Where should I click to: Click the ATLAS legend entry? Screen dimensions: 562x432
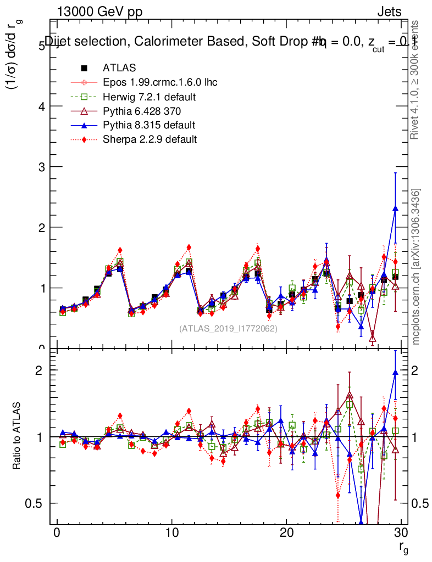click(x=119, y=68)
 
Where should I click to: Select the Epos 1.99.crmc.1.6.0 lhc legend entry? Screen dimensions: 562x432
click(x=160, y=82)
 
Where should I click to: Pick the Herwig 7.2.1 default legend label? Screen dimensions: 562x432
click(x=149, y=97)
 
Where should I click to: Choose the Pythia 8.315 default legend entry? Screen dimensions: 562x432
click(x=149, y=125)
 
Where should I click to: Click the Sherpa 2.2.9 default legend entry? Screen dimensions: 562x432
click(x=149, y=139)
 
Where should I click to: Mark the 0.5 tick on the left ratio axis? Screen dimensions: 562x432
click(x=35, y=503)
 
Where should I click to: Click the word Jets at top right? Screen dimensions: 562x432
click(x=389, y=12)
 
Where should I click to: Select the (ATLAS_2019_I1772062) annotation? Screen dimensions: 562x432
click(x=228, y=329)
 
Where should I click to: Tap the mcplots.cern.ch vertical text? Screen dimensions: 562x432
click(x=417, y=267)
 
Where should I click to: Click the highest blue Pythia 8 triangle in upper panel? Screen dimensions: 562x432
click(x=395, y=209)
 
